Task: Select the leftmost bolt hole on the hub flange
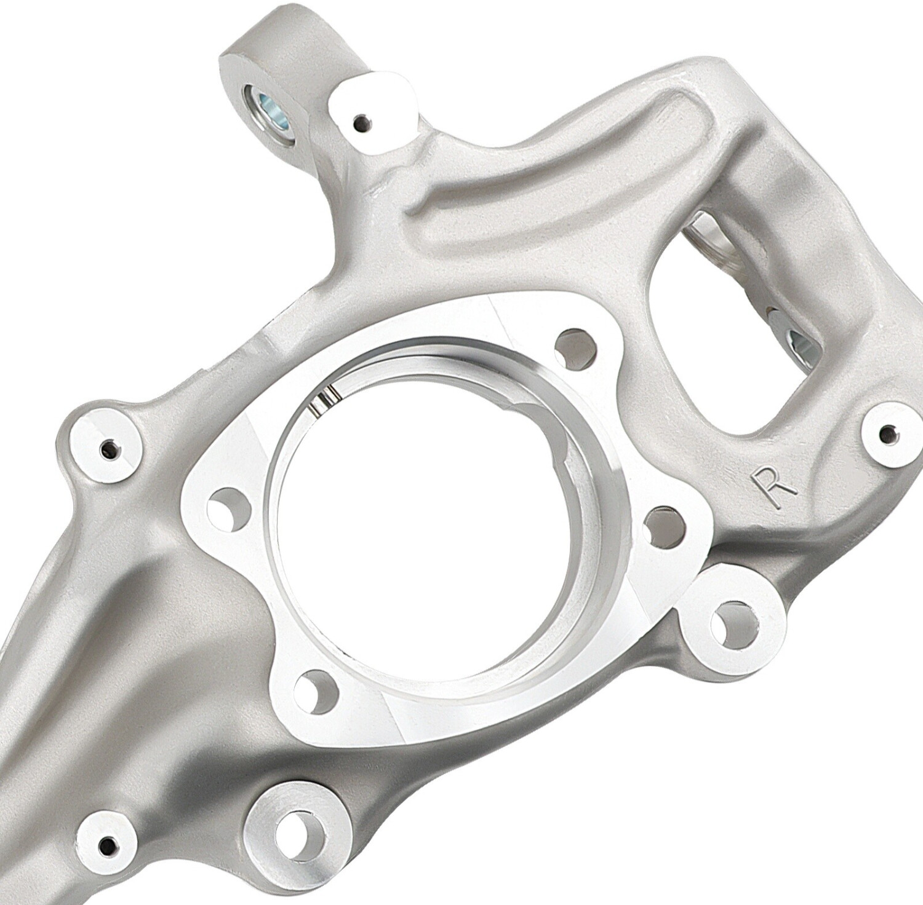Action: pos(230,508)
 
